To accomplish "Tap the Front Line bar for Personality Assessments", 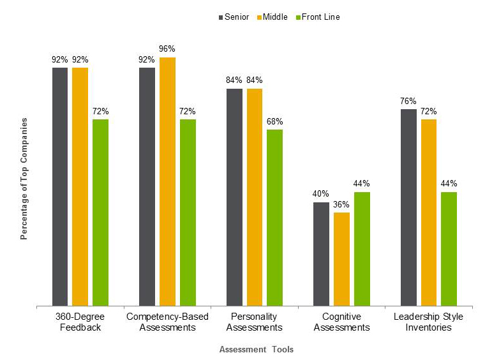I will click(x=274, y=218).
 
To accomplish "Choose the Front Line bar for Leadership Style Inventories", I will click(x=449, y=249).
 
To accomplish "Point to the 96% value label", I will click(x=167, y=49).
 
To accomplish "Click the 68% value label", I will click(x=274, y=121).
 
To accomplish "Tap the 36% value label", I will click(x=341, y=204).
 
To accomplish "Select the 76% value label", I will click(x=408, y=101).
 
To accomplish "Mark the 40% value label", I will click(x=322, y=194).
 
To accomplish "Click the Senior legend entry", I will click(x=233, y=17).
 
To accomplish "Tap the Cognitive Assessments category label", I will click(x=341, y=322).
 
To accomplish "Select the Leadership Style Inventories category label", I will click(x=428, y=322).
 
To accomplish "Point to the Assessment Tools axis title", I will click(x=256, y=350).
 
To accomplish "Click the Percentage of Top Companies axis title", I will click(x=24, y=178).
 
